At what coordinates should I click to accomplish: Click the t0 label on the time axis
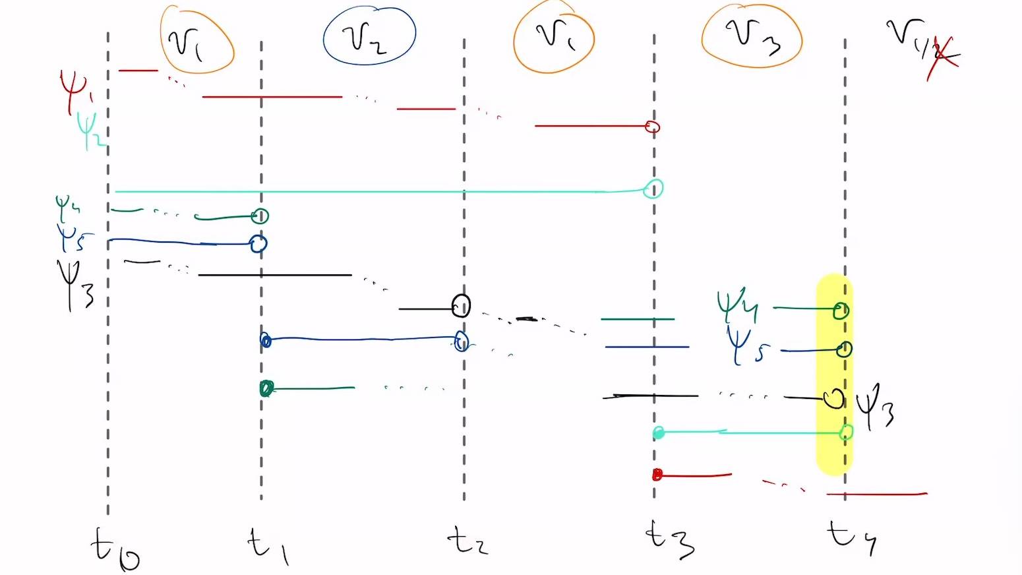(x=115, y=549)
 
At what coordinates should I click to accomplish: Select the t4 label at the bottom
(x=851, y=535)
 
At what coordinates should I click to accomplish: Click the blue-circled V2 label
(x=369, y=36)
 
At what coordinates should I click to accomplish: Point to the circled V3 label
(x=752, y=36)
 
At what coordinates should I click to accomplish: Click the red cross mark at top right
(x=944, y=58)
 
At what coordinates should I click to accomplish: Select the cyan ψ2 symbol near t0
(x=89, y=130)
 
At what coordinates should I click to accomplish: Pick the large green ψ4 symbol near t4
(x=738, y=304)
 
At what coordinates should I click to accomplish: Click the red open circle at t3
(x=652, y=127)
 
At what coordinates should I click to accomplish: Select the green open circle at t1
(x=260, y=216)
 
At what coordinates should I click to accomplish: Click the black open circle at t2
(x=461, y=305)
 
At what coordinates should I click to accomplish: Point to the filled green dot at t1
(x=266, y=388)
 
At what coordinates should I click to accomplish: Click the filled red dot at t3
(x=657, y=475)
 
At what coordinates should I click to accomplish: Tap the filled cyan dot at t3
(x=658, y=433)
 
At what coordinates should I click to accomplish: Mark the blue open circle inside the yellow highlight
(x=844, y=349)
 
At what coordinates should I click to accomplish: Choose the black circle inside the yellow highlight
(x=834, y=398)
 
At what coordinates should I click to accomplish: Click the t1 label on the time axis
(x=267, y=546)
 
